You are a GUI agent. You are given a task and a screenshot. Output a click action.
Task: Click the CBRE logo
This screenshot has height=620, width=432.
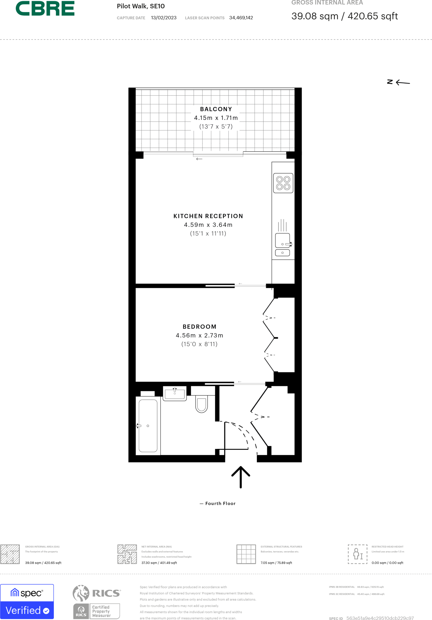click(45, 8)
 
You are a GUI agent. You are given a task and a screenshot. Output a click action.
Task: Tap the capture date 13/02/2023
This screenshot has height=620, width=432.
click(164, 18)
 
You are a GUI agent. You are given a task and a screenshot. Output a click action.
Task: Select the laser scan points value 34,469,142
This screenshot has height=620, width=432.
click(241, 18)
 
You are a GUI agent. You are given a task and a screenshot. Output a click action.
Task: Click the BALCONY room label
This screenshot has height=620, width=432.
click(216, 109)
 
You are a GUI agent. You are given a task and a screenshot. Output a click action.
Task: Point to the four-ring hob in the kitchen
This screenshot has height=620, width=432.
click(283, 183)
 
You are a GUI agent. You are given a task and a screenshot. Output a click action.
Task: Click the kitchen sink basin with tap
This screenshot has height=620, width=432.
click(283, 241)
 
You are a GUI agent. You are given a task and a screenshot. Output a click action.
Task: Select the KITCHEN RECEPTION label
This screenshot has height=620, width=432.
click(208, 216)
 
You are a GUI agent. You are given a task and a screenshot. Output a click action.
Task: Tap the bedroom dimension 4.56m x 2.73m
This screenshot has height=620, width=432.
click(199, 335)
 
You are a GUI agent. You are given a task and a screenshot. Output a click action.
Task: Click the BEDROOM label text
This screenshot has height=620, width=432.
click(199, 327)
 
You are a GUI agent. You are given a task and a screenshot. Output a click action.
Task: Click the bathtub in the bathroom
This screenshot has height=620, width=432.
click(148, 426)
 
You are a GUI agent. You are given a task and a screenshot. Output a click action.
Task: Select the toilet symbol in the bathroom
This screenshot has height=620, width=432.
click(201, 404)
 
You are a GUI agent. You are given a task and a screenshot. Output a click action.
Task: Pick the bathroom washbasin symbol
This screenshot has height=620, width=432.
click(175, 394)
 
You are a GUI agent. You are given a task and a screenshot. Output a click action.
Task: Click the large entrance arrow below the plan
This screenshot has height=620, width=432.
click(241, 477)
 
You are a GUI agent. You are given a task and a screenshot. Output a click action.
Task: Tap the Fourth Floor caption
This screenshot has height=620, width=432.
click(220, 503)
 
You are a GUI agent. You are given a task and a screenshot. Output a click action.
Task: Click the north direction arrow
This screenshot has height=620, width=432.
click(402, 82)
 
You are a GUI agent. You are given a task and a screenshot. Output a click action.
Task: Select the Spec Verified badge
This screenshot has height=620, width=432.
click(27, 602)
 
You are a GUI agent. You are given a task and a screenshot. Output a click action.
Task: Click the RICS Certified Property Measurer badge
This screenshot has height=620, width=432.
click(97, 611)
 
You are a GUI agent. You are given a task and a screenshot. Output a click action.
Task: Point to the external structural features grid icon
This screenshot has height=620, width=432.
click(246, 554)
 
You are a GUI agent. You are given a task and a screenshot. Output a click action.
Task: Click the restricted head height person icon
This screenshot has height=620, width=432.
click(358, 554)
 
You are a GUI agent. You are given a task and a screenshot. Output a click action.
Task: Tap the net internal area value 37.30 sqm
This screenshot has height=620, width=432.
click(159, 563)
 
